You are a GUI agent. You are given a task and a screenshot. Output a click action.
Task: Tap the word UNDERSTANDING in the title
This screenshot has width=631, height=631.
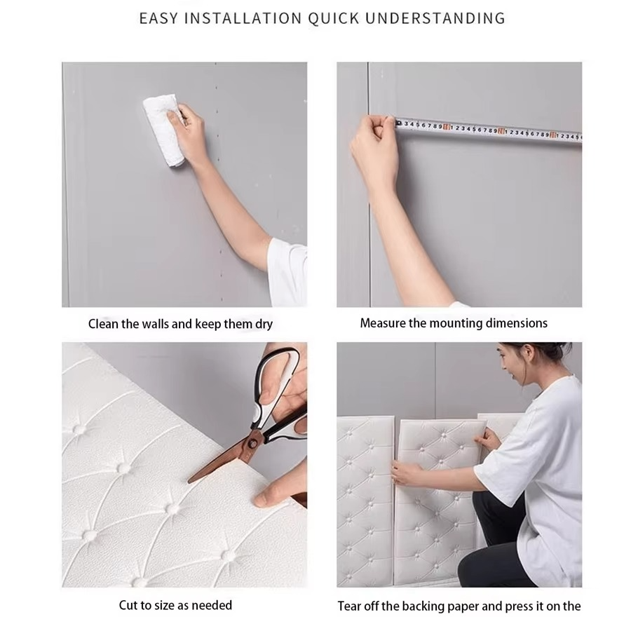(x=435, y=18)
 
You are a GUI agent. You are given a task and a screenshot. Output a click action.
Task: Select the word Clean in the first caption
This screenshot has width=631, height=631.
(x=103, y=324)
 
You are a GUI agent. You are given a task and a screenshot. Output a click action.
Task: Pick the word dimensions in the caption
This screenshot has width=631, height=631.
(x=515, y=323)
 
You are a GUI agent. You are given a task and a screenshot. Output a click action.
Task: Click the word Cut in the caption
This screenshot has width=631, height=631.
(x=128, y=604)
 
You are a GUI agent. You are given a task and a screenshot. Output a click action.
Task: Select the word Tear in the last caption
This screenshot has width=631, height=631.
(x=350, y=606)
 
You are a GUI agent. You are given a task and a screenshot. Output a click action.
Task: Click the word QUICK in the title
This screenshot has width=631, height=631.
(x=334, y=18)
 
